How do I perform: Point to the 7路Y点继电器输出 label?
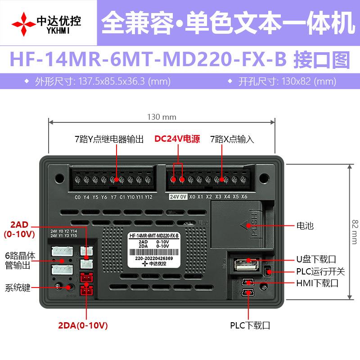coord(109,139)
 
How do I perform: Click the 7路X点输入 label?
coord(232,139)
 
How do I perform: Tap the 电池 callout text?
coord(305,225)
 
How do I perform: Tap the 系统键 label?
coord(18,288)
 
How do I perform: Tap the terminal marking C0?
coord(77,197)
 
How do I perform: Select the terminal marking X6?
coord(244,197)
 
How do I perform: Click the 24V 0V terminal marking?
coord(178,197)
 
